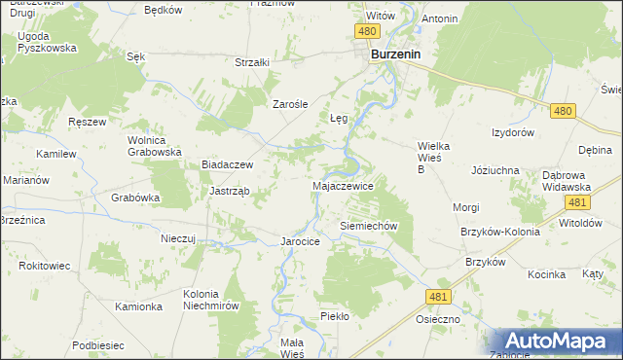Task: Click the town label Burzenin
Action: click(x=395, y=55)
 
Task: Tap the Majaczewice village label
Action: click(x=342, y=184)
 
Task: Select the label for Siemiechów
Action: click(x=370, y=225)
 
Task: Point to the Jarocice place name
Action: click(x=300, y=240)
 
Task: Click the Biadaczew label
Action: click(x=227, y=165)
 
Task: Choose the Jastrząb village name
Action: click(x=230, y=191)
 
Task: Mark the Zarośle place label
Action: click(x=290, y=104)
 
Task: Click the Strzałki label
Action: click(x=251, y=62)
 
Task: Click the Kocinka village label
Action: click(x=547, y=274)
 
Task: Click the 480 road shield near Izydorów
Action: click(x=561, y=112)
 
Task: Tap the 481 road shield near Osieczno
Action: click(x=437, y=296)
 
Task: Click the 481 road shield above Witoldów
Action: click(x=577, y=202)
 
